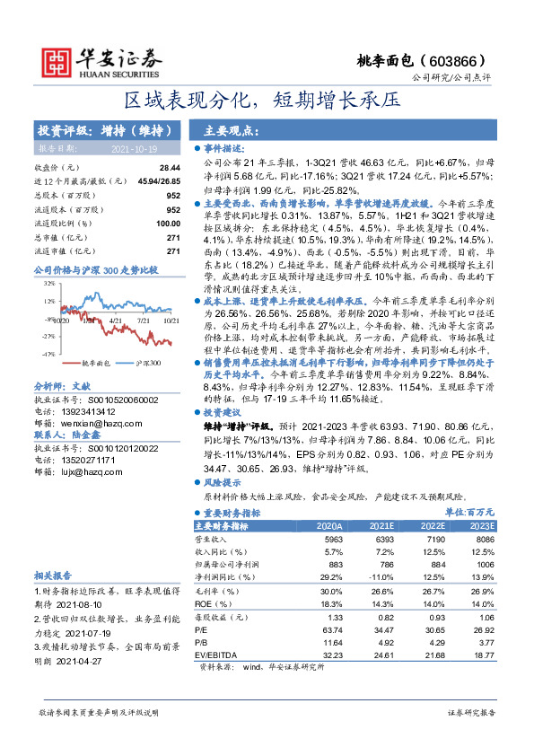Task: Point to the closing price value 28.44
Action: [x=170, y=168]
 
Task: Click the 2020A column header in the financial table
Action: [x=330, y=525]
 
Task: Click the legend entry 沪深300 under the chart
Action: [x=140, y=363]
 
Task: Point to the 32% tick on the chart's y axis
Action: [x=45, y=283]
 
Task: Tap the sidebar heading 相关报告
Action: [x=53, y=575]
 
